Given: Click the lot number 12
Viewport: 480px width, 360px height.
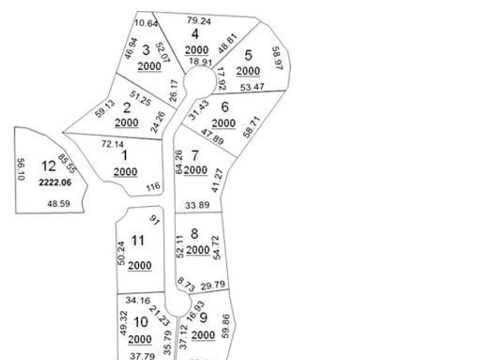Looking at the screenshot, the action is [x=49, y=166].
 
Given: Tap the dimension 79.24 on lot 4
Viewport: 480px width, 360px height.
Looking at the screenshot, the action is [x=199, y=21].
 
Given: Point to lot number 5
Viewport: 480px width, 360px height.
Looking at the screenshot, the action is [x=248, y=55].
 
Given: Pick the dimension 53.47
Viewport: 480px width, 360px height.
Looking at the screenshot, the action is [x=252, y=87].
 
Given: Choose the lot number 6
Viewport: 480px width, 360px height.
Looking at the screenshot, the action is [x=225, y=107].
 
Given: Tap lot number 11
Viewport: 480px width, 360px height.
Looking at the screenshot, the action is [x=137, y=241].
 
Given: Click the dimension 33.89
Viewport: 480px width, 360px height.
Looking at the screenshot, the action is [x=197, y=205].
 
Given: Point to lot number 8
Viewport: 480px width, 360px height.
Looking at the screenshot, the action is [x=195, y=233].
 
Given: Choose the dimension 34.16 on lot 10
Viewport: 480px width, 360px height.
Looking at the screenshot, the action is [x=137, y=299].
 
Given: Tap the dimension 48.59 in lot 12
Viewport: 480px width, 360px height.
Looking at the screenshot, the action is [x=59, y=203].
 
